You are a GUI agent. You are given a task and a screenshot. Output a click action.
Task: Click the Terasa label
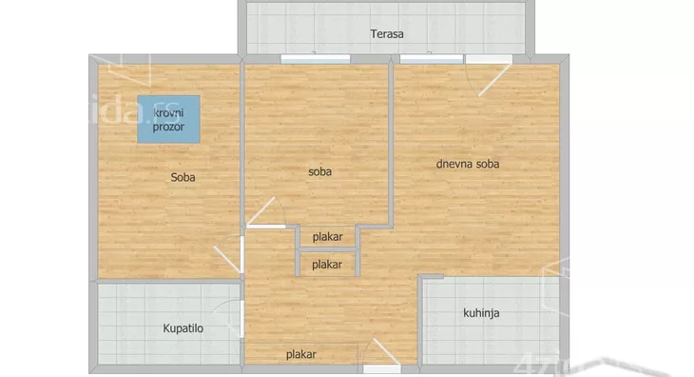[387, 34]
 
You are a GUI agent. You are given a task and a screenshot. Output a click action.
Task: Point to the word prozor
[169, 127]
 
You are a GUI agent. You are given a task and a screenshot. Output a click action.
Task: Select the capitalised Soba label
[184, 176]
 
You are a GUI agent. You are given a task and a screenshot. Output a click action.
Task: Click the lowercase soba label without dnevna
[319, 172]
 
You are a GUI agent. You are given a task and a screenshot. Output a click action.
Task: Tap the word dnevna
[453, 164]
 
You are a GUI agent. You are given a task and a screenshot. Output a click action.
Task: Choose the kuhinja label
[482, 312]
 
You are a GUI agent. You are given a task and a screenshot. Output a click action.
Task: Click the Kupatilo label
[183, 329]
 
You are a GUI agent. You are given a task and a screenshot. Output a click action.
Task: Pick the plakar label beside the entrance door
[301, 355]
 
